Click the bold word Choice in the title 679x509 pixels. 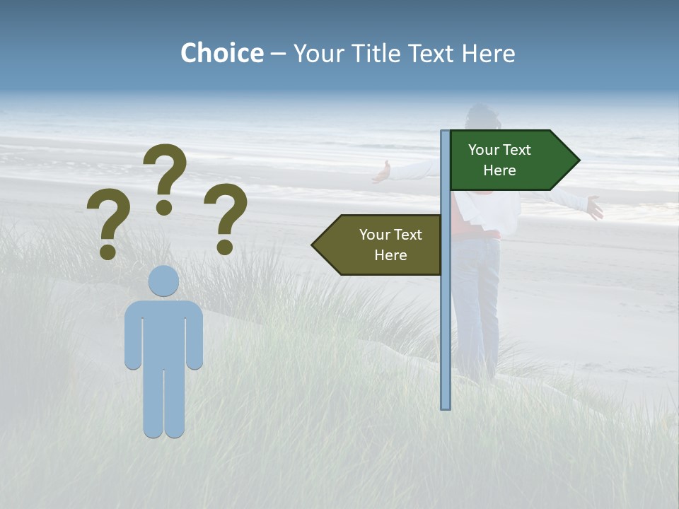pyautogui.click(x=221, y=53)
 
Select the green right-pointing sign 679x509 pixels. pyautogui.click(x=509, y=160)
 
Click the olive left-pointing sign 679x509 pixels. pyautogui.click(x=382, y=245)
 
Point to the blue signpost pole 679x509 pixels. pyautogui.click(x=446, y=318)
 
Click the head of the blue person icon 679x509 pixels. pyautogui.click(x=163, y=281)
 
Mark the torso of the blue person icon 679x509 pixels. pyautogui.click(x=163, y=332)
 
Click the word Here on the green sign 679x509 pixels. pyautogui.click(x=499, y=170)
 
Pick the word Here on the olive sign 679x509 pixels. pyautogui.click(x=390, y=255)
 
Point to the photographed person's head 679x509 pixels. pyautogui.click(x=484, y=117)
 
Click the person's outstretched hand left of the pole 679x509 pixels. pyautogui.click(x=382, y=172)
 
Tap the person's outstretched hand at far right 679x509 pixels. pyautogui.click(x=594, y=208)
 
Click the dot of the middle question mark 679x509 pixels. pyautogui.click(x=164, y=207)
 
